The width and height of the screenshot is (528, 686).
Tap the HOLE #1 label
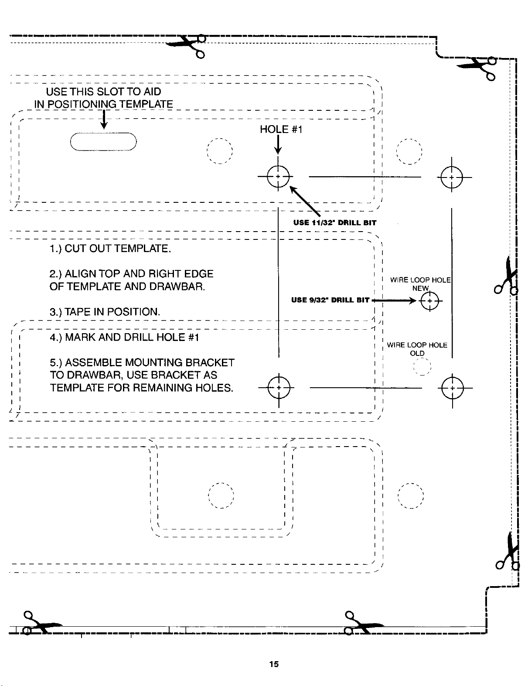pyautogui.click(x=281, y=130)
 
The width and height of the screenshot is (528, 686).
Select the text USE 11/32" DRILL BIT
pyautogui.click(x=335, y=222)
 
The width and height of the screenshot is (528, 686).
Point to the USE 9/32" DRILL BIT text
pyautogui.click(x=330, y=300)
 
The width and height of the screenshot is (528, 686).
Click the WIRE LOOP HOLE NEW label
pyautogui.click(x=420, y=284)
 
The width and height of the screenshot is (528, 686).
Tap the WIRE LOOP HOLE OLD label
pyautogui.click(x=417, y=349)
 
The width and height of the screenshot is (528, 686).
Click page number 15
pyautogui.click(x=274, y=664)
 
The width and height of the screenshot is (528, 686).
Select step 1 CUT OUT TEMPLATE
pyautogui.click(x=110, y=249)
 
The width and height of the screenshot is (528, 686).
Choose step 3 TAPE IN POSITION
pyautogui.click(x=105, y=312)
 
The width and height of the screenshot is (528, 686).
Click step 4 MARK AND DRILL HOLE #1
pyautogui.click(x=125, y=337)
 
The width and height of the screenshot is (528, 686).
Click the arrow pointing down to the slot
pyautogui.click(x=104, y=119)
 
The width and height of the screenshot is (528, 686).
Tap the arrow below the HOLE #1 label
pyautogui.click(x=278, y=145)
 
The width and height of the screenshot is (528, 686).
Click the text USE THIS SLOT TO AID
pyautogui.click(x=103, y=92)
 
